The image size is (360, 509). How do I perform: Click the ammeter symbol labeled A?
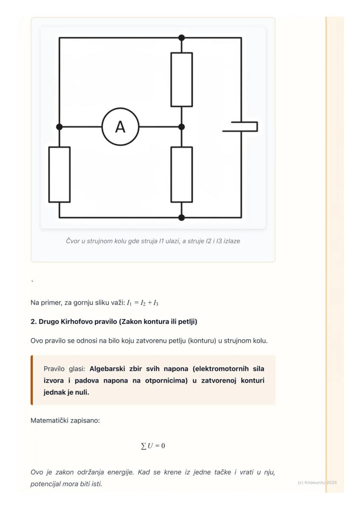(120, 127)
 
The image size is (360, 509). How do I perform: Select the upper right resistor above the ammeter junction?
(181, 80)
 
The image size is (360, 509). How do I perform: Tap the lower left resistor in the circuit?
(59, 174)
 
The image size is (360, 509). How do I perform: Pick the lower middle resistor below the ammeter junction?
(181, 174)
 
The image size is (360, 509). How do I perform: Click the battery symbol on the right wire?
(241, 126)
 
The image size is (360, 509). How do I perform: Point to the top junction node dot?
(181, 38)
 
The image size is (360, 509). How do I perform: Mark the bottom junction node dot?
(181, 217)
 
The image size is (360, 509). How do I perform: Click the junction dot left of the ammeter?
(59, 127)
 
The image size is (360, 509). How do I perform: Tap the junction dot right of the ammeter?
(181, 127)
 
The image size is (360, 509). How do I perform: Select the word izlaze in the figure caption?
(230, 241)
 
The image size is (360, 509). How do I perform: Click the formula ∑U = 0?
(153, 446)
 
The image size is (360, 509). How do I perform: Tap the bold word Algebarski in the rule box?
(108, 369)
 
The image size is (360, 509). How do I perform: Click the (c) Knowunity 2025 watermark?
(317, 482)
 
